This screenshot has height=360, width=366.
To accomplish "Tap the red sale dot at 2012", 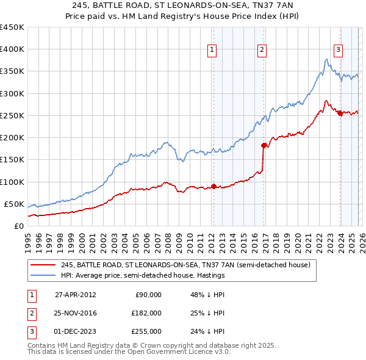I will (x=213, y=186).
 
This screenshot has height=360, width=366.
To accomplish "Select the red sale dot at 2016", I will (x=264, y=145).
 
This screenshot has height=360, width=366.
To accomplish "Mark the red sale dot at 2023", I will (x=339, y=113).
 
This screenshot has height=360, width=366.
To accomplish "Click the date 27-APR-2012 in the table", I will (x=75, y=295).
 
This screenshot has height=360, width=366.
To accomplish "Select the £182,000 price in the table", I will (x=146, y=313).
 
